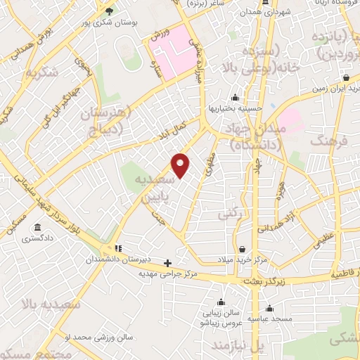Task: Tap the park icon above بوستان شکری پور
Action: point(108,11)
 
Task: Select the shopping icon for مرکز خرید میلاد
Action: point(243,249)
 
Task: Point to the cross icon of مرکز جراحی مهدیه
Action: point(167,263)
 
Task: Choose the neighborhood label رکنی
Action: point(229,212)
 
